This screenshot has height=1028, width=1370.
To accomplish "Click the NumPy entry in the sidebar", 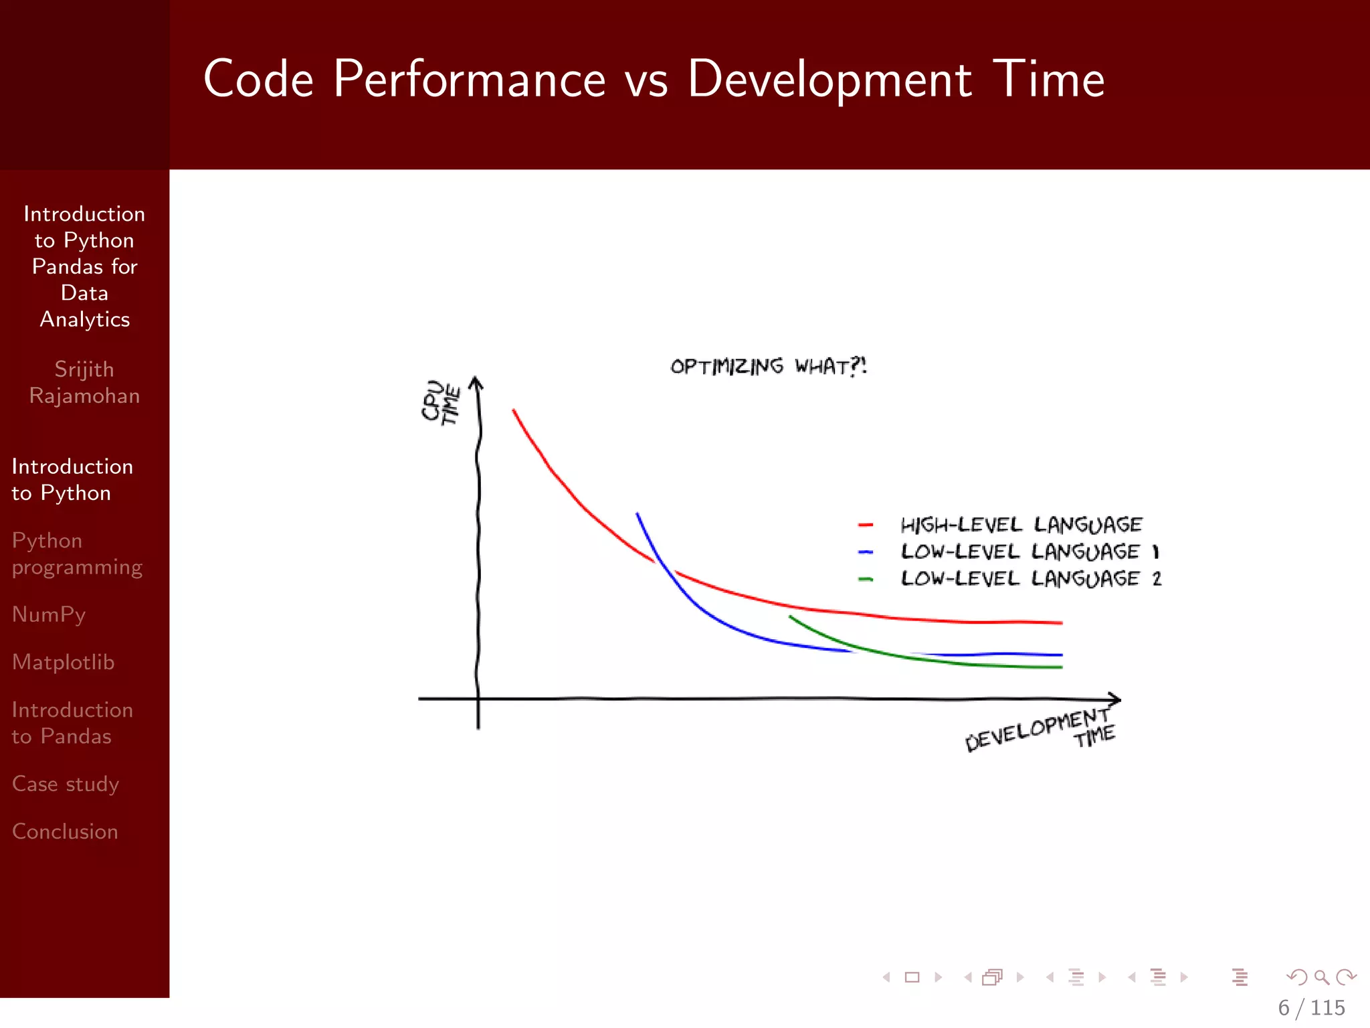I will point(49,615).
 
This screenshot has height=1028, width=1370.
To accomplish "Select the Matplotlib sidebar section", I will point(63,662).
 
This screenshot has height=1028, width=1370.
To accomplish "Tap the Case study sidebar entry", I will point(66,784).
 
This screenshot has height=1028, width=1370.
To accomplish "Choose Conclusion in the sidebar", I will point(65,831).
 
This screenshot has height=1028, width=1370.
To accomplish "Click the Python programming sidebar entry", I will point(77,554).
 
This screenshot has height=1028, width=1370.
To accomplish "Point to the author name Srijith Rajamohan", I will point(84,382).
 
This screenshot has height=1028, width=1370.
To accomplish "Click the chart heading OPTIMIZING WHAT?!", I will point(768,366).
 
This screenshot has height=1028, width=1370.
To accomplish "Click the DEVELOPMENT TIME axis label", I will point(1040,731).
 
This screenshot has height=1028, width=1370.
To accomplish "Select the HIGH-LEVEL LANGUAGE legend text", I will point(1021,525).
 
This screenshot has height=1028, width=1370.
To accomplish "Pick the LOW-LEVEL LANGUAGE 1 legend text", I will point(1029,551).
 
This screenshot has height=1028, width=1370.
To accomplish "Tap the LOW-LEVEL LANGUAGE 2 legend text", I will point(1030,578).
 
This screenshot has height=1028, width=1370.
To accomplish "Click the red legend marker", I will point(866,525).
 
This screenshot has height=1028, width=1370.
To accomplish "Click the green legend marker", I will point(866,579).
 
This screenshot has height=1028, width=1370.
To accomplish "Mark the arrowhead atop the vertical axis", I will point(476,383).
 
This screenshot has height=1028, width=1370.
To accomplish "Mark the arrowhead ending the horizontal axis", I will point(1114,699).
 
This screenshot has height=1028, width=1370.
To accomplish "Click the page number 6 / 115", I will point(1311,1007).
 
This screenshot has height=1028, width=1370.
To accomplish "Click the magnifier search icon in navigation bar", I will point(1321,977).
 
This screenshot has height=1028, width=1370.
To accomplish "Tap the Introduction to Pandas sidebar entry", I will point(72,723).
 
